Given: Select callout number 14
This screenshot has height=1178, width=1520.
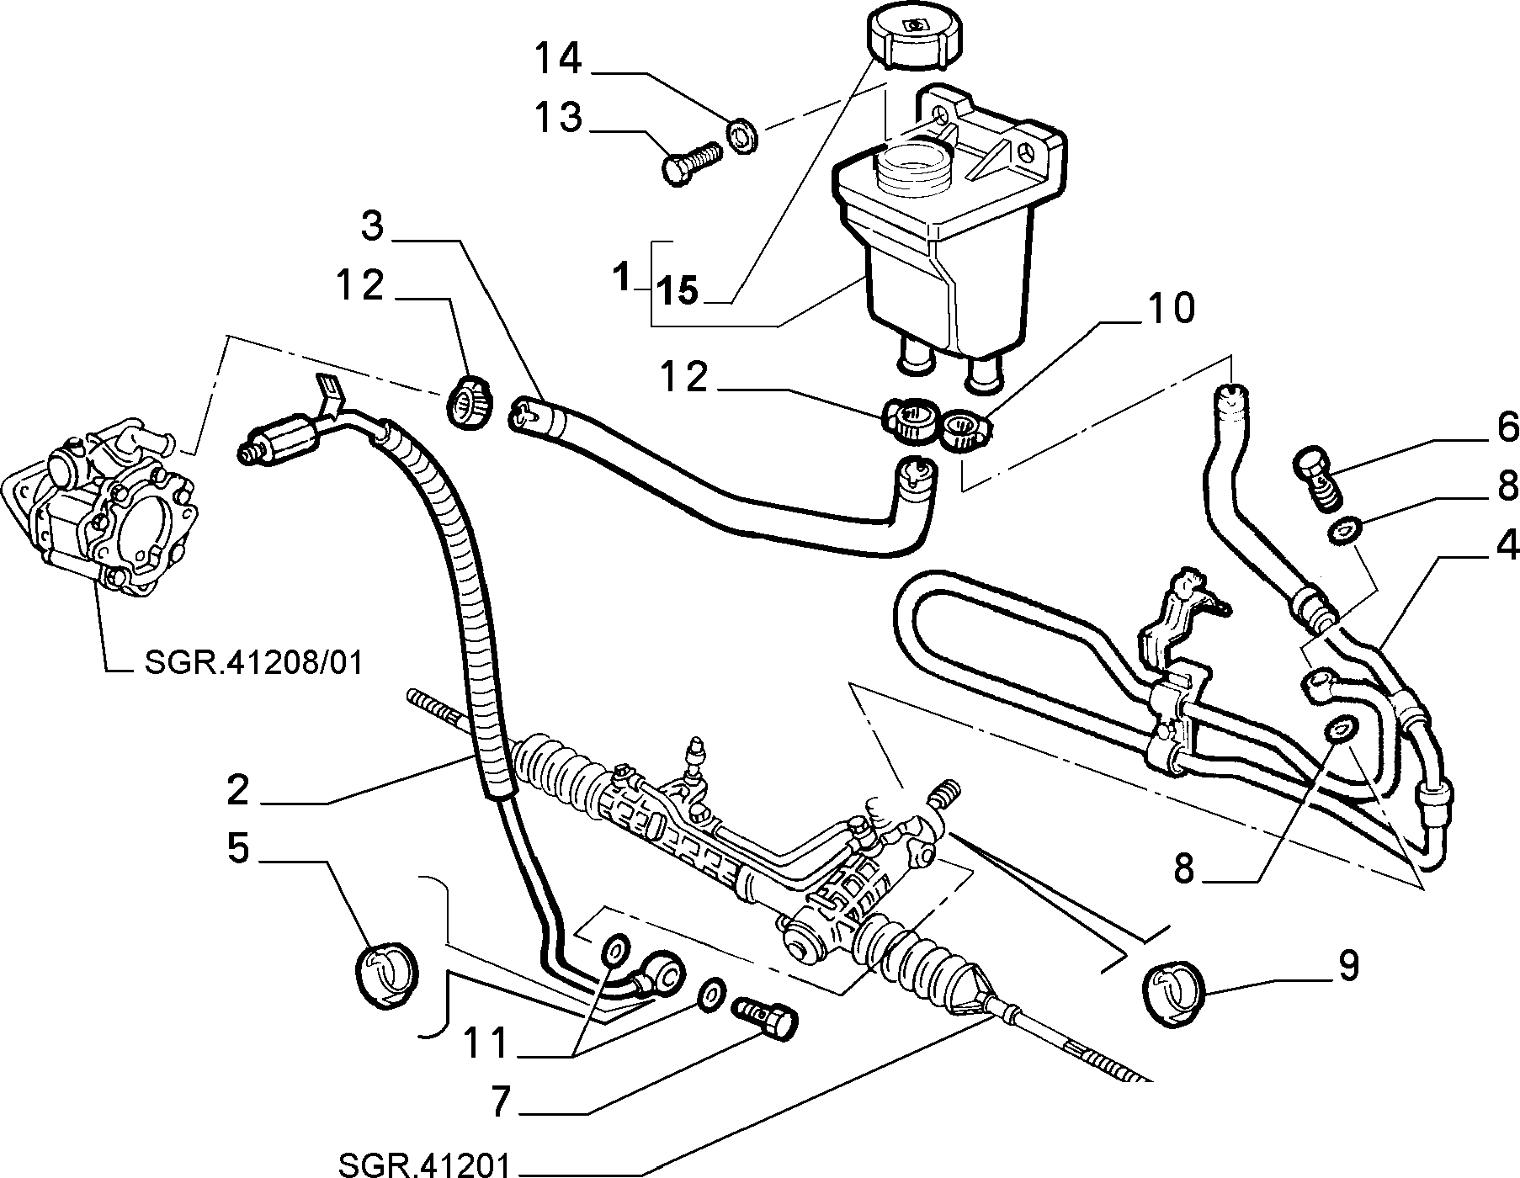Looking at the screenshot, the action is tap(558, 60).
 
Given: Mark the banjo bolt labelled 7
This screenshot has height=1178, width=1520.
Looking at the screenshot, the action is tap(767, 1018).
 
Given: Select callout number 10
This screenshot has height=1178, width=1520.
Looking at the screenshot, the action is tap(1169, 310).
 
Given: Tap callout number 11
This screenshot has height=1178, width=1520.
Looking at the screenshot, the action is tap(486, 1044).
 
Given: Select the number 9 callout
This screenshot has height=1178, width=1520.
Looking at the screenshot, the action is tap(1347, 967).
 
